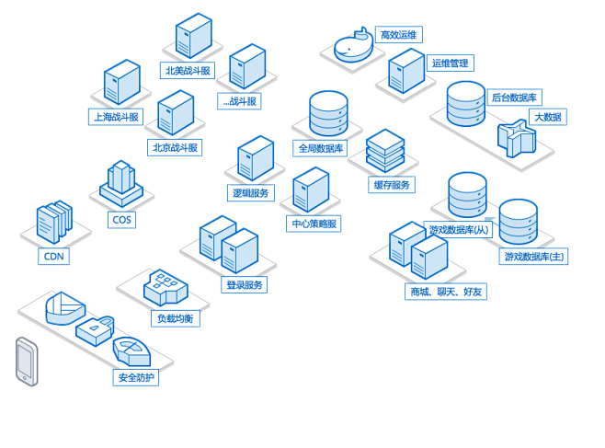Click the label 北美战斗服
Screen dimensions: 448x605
pos(187,70)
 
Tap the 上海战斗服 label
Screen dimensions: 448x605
pos(116,117)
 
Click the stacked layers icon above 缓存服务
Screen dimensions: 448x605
pos(385,151)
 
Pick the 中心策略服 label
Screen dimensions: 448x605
pos(314,224)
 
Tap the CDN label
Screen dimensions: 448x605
pos(54,257)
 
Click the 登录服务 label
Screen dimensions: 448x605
pos(245,285)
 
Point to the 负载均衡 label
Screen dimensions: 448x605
pos(176,318)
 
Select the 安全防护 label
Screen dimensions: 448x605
pos(137,377)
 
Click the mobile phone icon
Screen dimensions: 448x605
pos(27,361)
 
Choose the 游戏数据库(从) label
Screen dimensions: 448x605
pos(461,229)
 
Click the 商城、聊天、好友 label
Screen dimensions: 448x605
pos(445,292)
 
